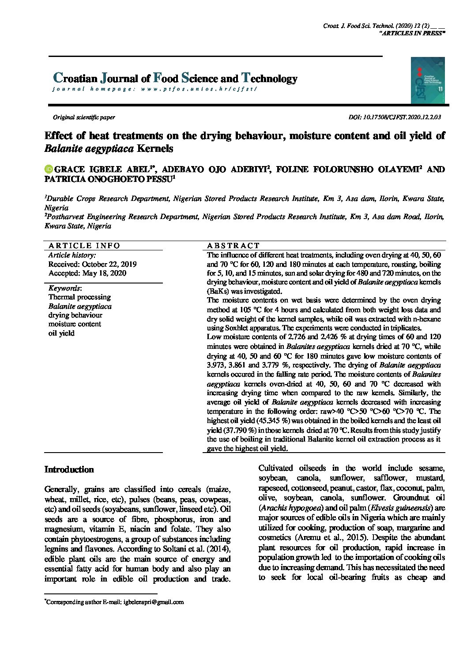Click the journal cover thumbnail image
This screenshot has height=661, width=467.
[427, 80]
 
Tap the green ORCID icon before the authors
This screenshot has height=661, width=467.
[49, 169]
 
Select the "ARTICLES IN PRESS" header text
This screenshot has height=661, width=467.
[412, 33]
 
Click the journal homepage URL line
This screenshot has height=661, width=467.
[154, 89]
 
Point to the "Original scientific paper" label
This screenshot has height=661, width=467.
[84, 117]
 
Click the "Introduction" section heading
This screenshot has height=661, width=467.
[69, 470]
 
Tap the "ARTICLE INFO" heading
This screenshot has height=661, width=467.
[84, 246]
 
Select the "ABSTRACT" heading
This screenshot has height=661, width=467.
[233, 246]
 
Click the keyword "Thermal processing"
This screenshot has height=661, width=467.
[79, 297]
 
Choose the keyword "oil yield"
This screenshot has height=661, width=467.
[61, 333]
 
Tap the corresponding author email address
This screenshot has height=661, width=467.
[154, 602]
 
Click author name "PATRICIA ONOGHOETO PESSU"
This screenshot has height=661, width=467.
[108, 179]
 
